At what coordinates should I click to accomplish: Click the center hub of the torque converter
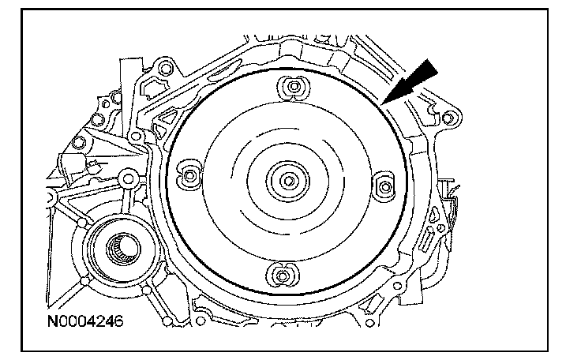288,181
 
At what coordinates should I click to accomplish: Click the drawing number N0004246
84,322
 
